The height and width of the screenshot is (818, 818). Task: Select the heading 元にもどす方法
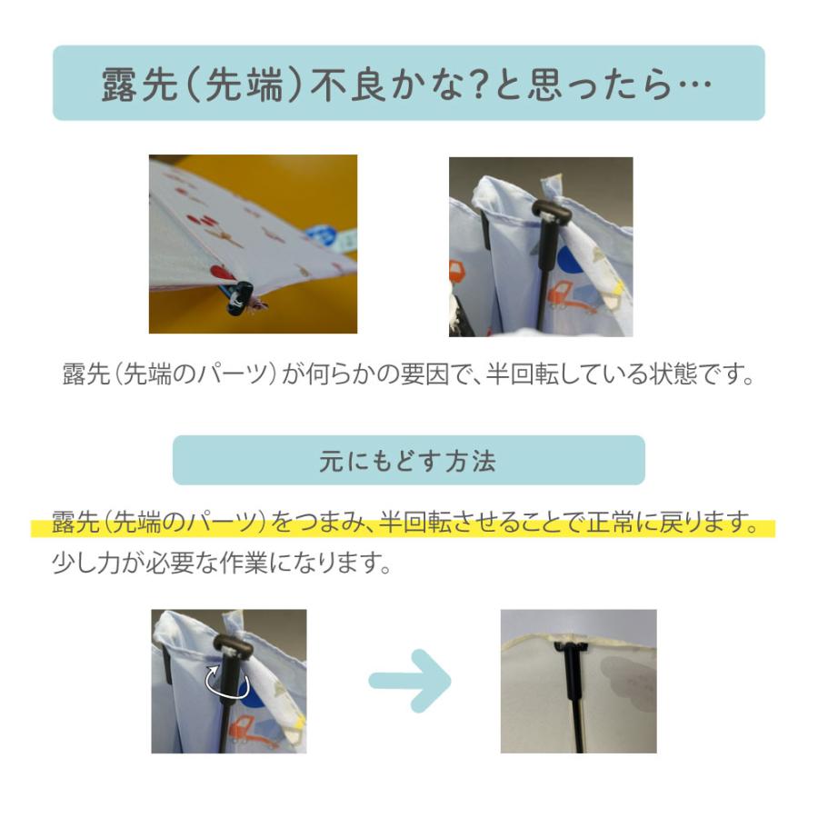point(408,461)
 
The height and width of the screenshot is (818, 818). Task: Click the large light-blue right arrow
point(410,680)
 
